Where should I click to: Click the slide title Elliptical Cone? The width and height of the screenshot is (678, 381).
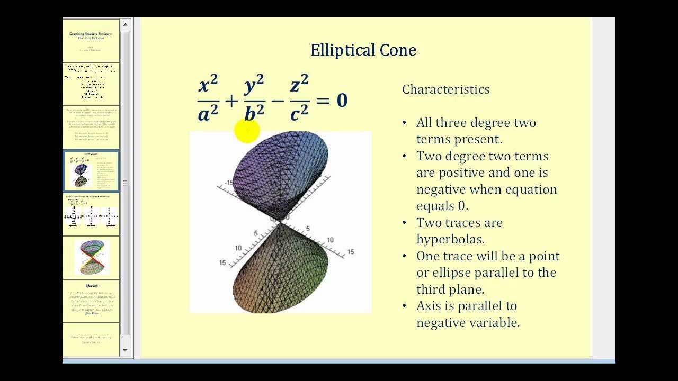[x=363, y=50]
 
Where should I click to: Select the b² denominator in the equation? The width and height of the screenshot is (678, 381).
[x=254, y=113]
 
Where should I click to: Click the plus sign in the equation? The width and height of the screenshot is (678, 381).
[x=231, y=100]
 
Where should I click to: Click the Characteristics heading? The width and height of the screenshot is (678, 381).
[x=445, y=89]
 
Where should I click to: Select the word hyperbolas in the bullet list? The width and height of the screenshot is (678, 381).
[x=450, y=239]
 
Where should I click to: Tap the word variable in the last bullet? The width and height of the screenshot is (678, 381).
[x=496, y=322]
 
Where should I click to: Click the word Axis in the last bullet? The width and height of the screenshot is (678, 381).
[x=429, y=306]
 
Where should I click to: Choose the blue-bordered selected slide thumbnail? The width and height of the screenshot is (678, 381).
[x=91, y=171]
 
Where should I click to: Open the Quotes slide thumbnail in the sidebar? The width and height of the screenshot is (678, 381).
[x=91, y=301]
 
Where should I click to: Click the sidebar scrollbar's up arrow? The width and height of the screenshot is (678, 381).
[x=126, y=24]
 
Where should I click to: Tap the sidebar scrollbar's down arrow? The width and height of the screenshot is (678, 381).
[x=126, y=350]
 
